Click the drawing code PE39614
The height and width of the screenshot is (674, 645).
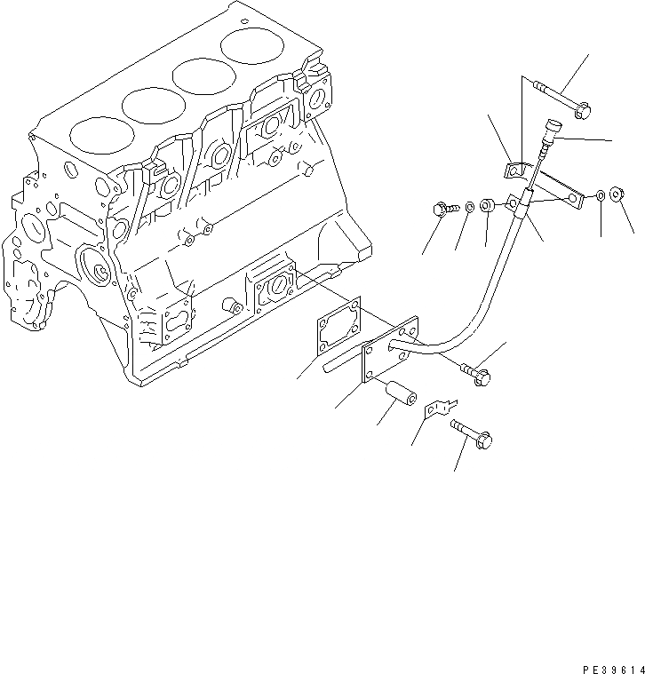[x=614, y=669]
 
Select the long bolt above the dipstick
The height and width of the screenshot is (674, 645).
[x=562, y=99]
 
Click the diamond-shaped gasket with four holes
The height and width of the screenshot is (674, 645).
[x=338, y=326]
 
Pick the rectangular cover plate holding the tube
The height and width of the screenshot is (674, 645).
[x=390, y=349]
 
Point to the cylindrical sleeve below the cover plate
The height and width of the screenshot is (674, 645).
[x=401, y=393]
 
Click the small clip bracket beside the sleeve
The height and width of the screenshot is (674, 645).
[x=440, y=408]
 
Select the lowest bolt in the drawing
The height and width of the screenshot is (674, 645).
[x=472, y=434]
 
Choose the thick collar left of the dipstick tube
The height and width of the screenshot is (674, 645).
[x=486, y=205]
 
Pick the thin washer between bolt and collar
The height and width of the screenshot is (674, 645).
[x=470, y=207]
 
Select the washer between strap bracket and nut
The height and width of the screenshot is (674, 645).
[x=601, y=195]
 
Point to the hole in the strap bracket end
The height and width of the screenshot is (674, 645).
[x=573, y=198]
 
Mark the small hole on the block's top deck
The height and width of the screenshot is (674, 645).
[x=244, y=20]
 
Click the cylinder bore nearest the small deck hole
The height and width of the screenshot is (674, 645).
[x=252, y=46]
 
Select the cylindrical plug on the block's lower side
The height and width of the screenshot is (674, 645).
[x=233, y=306]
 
